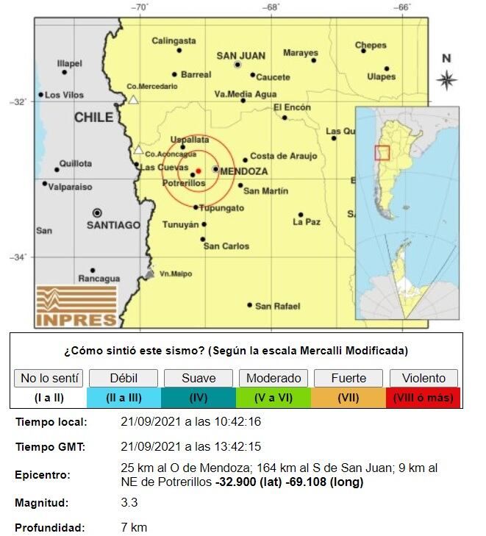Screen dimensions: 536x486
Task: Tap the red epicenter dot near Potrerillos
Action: (199, 171)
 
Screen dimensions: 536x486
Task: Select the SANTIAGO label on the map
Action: (113, 225)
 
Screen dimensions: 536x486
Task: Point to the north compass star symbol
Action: (446, 79)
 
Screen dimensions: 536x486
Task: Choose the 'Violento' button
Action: (424, 378)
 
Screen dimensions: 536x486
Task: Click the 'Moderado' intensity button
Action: (273, 378)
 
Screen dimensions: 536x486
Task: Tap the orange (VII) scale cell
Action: (348, 398)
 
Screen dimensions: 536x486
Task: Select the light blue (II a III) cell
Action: (123, 398)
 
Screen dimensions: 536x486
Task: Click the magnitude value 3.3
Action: (129, 503)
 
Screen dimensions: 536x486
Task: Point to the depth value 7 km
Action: (134, 527)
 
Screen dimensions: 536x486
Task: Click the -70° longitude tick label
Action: (140, 8)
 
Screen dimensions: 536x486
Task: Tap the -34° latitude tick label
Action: (19, 257)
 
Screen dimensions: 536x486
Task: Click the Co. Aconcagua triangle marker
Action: (138, 150)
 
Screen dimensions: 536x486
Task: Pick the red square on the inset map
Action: (382, 153)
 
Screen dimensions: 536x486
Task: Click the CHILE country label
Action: (93, 118)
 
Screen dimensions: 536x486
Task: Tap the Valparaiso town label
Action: (70, 187)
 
